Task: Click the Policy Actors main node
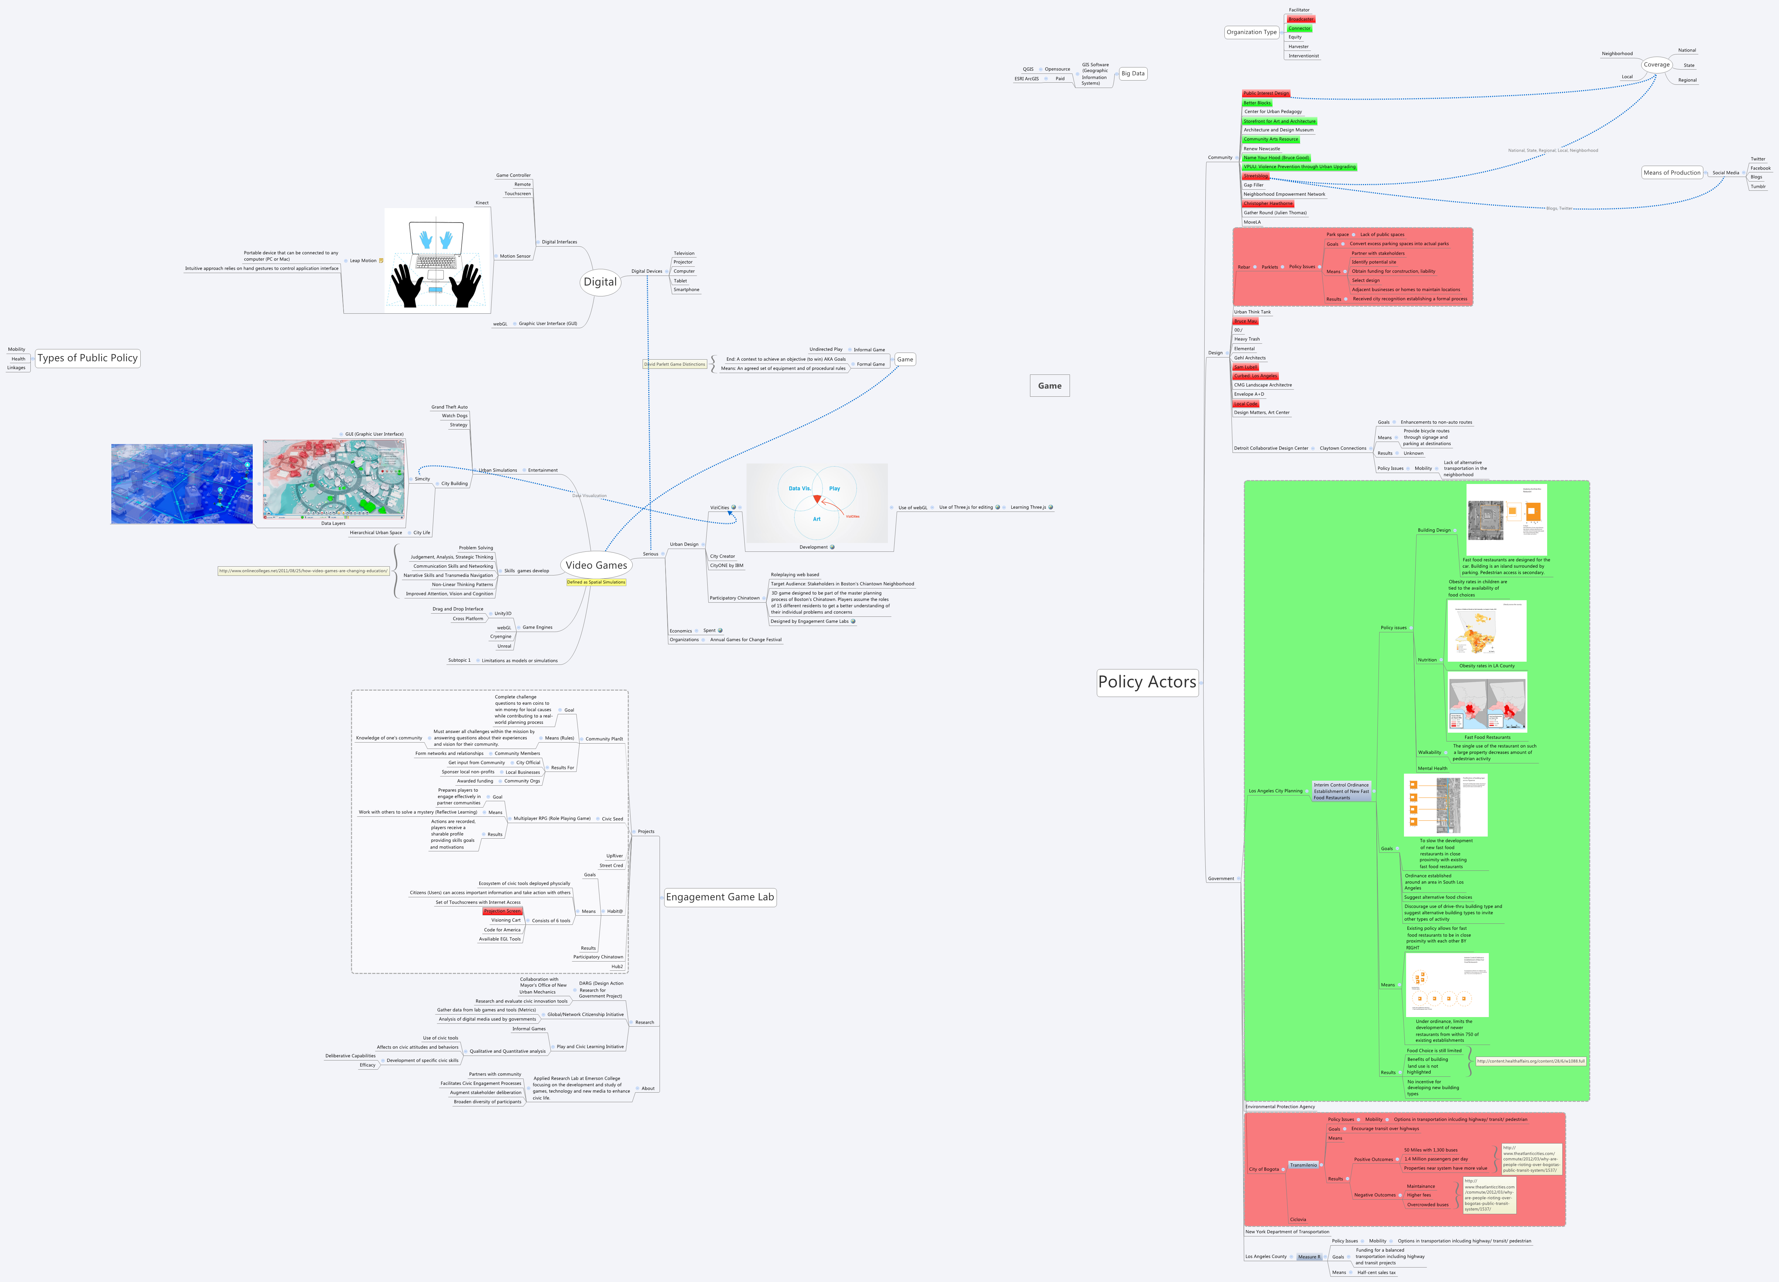pos(1147,682)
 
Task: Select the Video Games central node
pos(596,565)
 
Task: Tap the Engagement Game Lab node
pos(719,897)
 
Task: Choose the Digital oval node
pos(600,282)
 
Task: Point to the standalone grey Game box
pos(1049,386)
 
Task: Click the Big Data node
pos(1133,74)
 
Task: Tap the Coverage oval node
pos(1657,65)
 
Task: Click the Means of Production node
pos(1672,172)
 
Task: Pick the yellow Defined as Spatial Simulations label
pos(596,583)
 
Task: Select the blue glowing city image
pos(182,484)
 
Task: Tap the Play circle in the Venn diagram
pos(835,489)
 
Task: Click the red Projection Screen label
pos(502,911)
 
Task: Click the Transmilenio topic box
pos(1304,1165)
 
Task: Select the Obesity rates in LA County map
pos(1486,632)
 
